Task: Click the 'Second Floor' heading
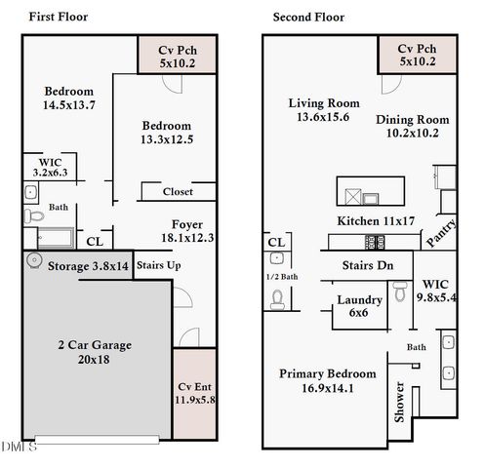click(x=308, y=17)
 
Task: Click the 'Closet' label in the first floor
click(x=177, y=192)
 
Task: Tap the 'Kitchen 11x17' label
click(x=375, y=221)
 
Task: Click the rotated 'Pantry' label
click(x=440, y=233)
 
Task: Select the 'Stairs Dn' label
click(x=367, y=264)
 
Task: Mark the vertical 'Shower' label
click(x=399, y=400)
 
